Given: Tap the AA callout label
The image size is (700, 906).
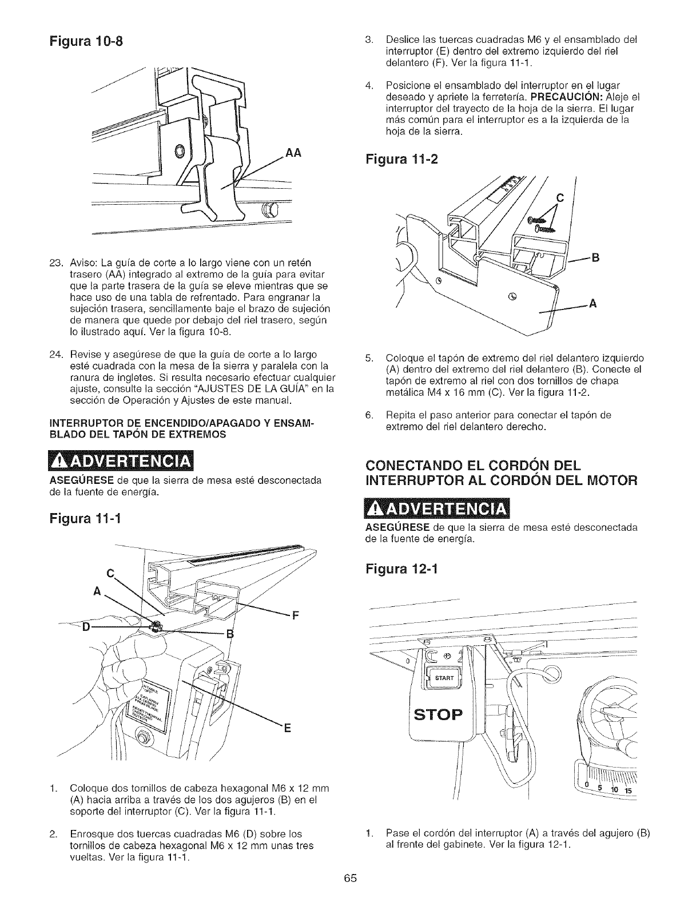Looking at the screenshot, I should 292,154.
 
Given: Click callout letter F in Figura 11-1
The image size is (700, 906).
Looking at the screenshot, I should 296,616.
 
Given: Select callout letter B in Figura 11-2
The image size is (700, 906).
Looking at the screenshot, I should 595,257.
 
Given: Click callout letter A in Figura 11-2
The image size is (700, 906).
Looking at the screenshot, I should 593,304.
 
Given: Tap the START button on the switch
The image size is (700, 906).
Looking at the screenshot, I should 444,678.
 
